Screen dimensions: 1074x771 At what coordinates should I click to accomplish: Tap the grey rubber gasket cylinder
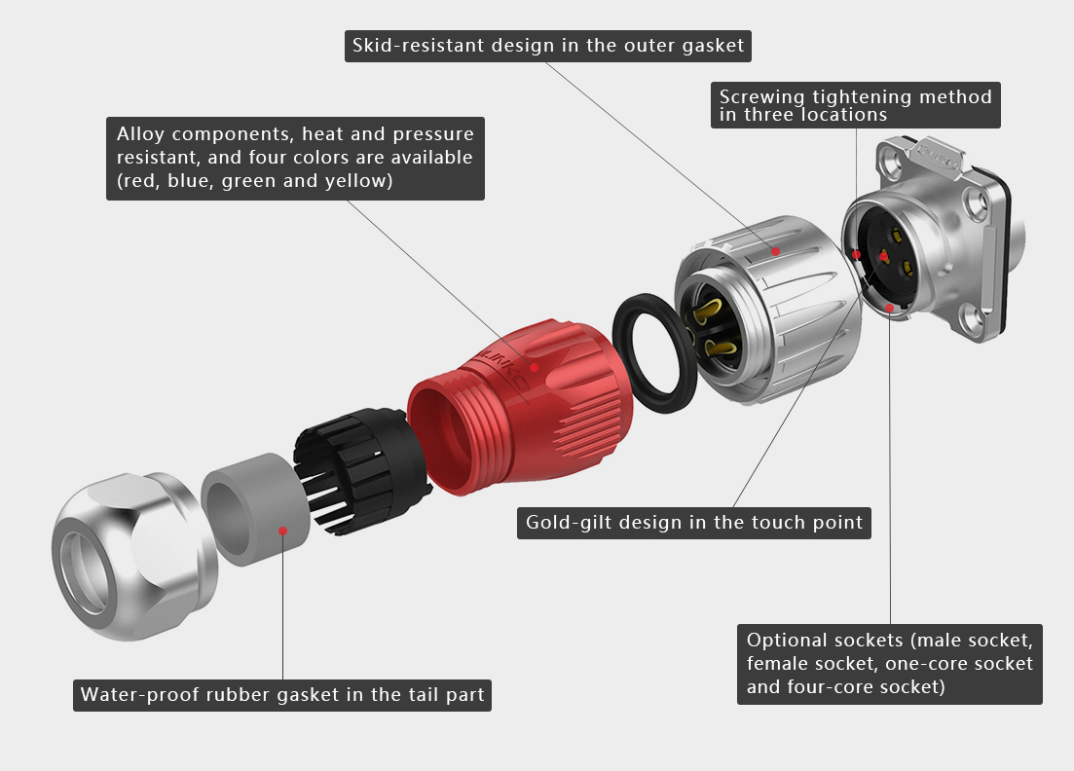tap(254, 509)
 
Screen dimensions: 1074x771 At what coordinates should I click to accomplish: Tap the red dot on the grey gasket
tap(283, 531)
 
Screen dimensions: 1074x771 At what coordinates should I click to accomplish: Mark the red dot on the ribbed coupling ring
tap(776, 251)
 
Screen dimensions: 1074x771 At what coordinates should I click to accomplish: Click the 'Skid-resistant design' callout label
tap(548, 46)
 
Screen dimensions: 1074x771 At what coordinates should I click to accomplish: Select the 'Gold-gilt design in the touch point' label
tap(694, 523)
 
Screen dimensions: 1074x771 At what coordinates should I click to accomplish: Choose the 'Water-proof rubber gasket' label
tap(282, 695)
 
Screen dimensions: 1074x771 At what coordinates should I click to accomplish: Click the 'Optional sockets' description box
tap(890, 664)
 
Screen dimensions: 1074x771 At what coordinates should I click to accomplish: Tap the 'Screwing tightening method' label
tap(856, 105)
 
